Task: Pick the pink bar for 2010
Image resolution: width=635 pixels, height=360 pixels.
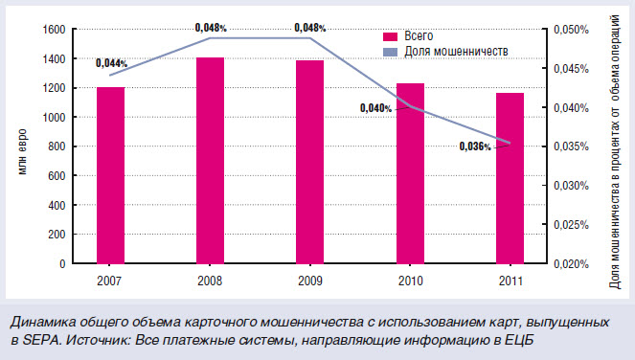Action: click(x=409, y=173)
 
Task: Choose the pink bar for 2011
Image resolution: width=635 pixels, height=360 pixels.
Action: click(x=510, y=178)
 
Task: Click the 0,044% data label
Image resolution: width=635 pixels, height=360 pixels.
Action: click(x=112, y=64)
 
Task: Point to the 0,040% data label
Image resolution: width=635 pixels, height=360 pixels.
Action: click(x=376, y=108)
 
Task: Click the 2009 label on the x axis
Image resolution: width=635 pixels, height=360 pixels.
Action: click(x=309, y=281)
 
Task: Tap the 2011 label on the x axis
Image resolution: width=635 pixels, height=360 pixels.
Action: click(x=510, y=281)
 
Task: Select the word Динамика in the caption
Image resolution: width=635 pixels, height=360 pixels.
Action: click(x=39, y=322)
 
